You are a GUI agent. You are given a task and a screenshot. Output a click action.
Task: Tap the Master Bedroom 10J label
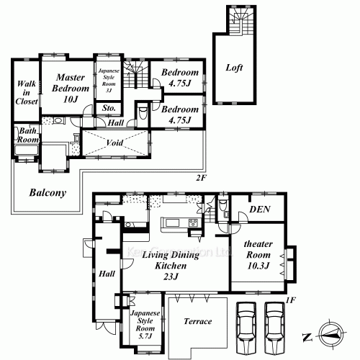pyautogui.click(x=71, y=86)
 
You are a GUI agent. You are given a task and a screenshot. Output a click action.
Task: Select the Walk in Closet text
pyautogui.click(x=26, y=92)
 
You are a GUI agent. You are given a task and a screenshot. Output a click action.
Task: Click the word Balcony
pyautogui.click(x=48, y=193)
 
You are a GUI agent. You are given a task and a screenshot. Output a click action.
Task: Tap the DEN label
pyautogui.click(x=259, y=210)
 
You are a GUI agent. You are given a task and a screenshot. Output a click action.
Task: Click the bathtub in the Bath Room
pyautogui.click(x=26, y=150)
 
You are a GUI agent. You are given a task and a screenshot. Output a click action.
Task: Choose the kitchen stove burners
pyautogui.click(x=192, y=221)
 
